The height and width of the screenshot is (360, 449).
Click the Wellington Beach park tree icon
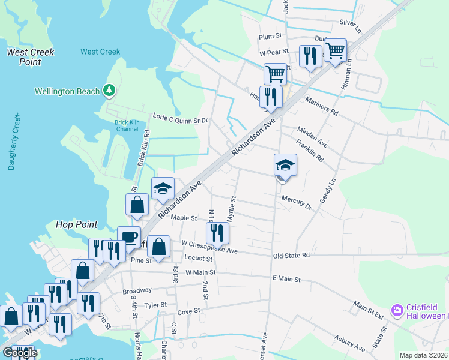click(x=109, y=91)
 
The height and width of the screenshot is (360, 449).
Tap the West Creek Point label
click(x=30, y=57)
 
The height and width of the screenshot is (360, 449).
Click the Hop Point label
click(x=76, y=224)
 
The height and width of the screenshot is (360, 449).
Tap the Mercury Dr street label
click(x=297, y=203)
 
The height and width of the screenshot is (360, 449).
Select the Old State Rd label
click(x=291, y=255)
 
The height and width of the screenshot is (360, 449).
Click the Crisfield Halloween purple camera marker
click(x=396, y=310)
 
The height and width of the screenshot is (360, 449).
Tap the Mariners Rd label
click(x=322, y=106)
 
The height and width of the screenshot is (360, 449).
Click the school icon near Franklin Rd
click(x=286, y=164)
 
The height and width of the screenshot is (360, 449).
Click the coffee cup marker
click(x=128, y=236)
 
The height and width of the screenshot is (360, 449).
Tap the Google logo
click(x=20, y=353)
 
